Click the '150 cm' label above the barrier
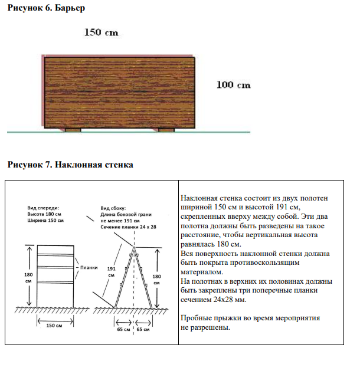pos(101,32)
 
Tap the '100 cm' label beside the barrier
pos(234,85)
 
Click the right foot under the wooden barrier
pos(166,130)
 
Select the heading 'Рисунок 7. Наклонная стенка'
pos(70,165)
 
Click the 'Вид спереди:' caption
pos(44,208)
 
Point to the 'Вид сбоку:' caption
pos(113,208)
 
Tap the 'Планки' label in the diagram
pos(89,267)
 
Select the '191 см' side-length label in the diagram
pos(111,271)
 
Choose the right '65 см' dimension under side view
pos(143,330)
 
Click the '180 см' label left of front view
pos(28,277)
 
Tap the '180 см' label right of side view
pos(156,279)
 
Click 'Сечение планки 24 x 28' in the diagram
pos(127,227)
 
